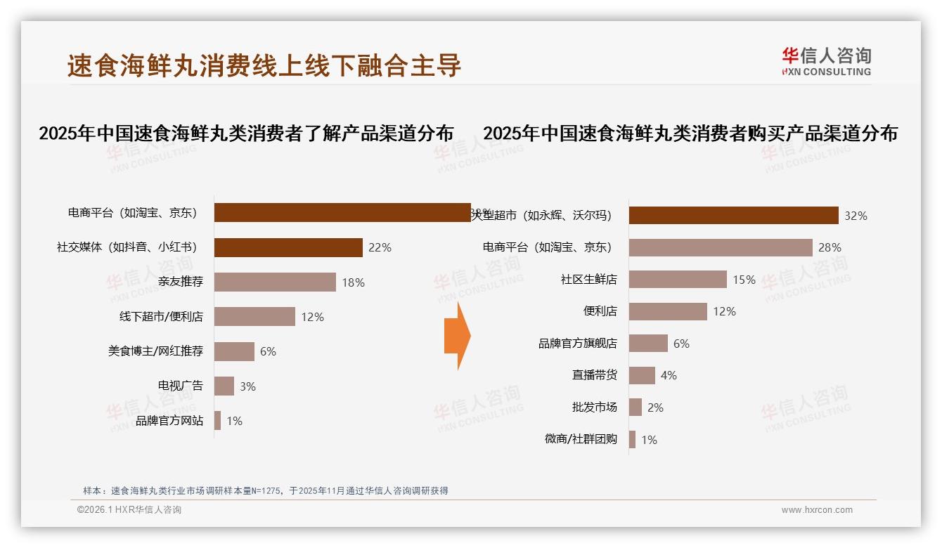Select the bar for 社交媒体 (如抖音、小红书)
pyautogui.click(x=288, y=247)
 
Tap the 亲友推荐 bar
pyautogui.click(x=275, y=282)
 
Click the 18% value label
pyautogui.click(x=353, y=282)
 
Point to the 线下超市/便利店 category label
pyautogui.click(x=161, y=317)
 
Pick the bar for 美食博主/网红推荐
pyautogui.click(x=234, y=351)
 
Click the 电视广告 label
pyautogui.click(x=180, y=386)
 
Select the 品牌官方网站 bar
pyautogui.click(x=217, y=421)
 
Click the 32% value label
pyautogui.click(x=856, y=216)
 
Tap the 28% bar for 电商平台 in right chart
pyautogui.click(x=721, y=247)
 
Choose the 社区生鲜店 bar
pyautogui.click(x=678, y=280)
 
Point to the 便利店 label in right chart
pyautogui.click(x=600, y=311)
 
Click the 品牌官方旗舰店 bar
pyautogui.click(x=648, y=344)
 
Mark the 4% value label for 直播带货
pyautogui.click(x=669, y=376)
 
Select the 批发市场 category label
pyautogui.click(x=594, y=407)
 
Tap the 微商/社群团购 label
pyautogui.click(x=581, y=440)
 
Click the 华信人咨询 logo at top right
pyautogui.click(x=826, y=61)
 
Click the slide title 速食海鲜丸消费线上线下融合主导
pyautogui.click(x=264, y=65)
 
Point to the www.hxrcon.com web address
pyautogui.click(x=817, y=510)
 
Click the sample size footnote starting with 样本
pyautogui.click(x=266, y=491)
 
